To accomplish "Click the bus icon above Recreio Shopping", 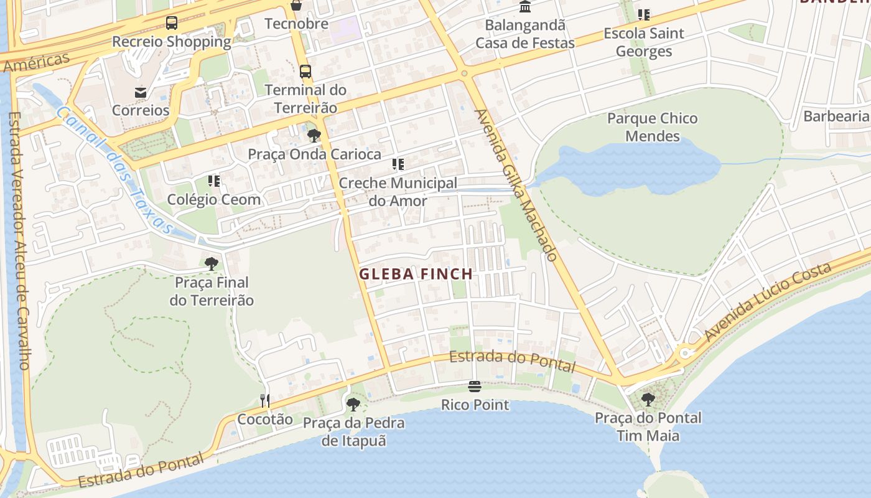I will point(172,24).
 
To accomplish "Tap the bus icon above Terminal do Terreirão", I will point(305,72).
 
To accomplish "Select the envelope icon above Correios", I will point(141,93).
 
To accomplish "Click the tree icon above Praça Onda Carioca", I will point(314,136).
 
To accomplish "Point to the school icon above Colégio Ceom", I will point(214,181).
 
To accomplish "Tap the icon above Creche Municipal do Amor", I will point(398,165).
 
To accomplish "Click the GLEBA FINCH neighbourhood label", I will point(416,274).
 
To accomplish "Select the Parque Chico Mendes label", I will point(652,127).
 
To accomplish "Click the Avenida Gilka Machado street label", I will point(516,184).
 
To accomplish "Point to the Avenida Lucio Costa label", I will point(768,301).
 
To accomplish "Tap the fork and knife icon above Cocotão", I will point(265,401).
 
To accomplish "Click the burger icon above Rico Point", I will point(475,387).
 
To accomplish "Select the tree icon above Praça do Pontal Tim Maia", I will point(648,400).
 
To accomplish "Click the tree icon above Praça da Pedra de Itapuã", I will point(353,405).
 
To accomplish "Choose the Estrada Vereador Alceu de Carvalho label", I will point(20,240).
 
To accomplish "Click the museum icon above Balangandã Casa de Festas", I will point(525,7).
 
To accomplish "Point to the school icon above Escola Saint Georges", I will point(644,14).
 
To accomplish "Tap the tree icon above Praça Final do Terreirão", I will point(212,264).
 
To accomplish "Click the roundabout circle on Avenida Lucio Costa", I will point(685,353).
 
